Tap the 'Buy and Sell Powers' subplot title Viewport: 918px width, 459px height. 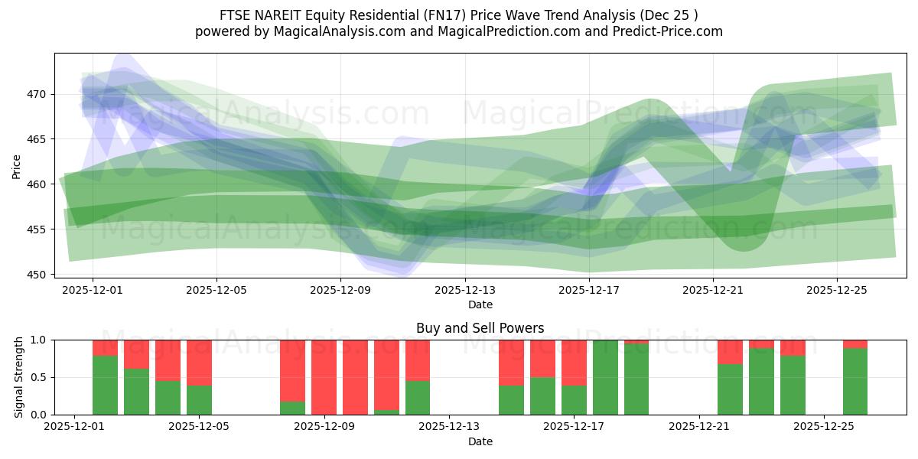point(480,328)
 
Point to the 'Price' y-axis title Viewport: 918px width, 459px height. point(17,165)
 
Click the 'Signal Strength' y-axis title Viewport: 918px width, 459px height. point(19,377)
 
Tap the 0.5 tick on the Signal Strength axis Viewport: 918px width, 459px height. point(38,377)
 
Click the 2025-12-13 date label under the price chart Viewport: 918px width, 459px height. point(465,290)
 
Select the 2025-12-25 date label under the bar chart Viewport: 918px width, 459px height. point(824,427)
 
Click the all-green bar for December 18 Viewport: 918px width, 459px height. point(605,377)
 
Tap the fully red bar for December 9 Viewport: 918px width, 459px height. point(324,377)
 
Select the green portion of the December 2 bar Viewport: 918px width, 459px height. point(105,386)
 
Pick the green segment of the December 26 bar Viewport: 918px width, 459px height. point(855,382)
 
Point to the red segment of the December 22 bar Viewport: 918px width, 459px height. point(730,352)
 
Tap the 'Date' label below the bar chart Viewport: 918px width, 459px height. point(480,441)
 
